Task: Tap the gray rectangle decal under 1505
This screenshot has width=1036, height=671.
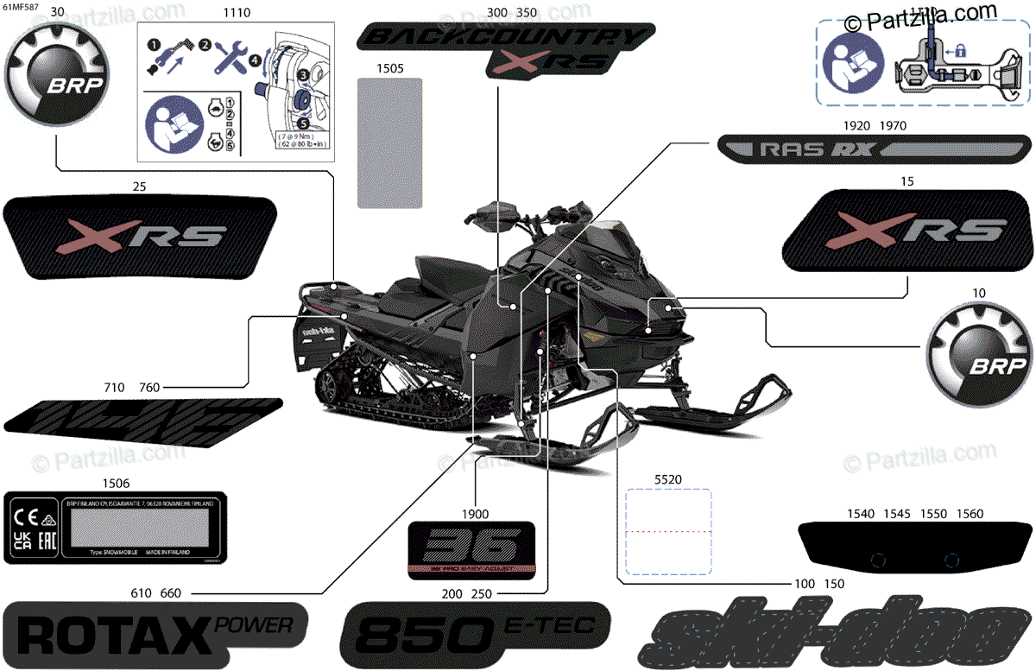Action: [x=389, y=142]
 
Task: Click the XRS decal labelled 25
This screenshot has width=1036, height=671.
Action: [x=141, y=237]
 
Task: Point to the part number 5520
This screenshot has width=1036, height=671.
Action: [x=669, y=477]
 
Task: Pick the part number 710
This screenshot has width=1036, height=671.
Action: [x=114, y=388]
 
